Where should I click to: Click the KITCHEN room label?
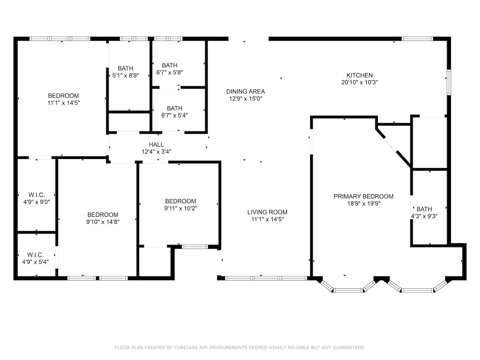coord(359,75)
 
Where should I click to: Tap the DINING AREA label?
coord(245,91)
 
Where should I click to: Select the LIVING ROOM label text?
coord(267,212)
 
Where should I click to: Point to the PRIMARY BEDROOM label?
coord(363,196)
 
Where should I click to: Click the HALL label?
coord(156,144)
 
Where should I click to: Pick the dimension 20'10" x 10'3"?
coord(360,82)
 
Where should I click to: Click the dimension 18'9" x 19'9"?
coord(364,204)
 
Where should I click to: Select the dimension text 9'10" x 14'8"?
coord(103,222)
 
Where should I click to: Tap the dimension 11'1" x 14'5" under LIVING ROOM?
coord(267,219)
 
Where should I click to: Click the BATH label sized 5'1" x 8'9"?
coord(125,68)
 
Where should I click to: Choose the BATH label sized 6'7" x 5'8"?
coord(169,65)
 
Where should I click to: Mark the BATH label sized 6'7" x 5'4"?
coord(174,108)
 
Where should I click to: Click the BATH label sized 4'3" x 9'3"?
coord(424,209)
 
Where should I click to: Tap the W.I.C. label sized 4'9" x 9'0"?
coord(36,195)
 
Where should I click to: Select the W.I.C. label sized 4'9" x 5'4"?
coord(35,255)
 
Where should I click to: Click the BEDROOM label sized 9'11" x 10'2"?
coord(180,201)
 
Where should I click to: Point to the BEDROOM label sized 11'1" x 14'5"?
coord(63,96)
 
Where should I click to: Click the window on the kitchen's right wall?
coord(449,82)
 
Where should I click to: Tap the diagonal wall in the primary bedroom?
coord(393,148)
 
